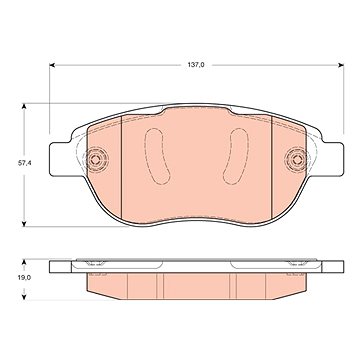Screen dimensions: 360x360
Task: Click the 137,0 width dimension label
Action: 197,65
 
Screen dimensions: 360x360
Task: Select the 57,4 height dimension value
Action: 24,163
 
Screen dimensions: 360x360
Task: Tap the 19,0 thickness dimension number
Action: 24,277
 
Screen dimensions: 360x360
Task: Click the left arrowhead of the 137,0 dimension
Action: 52,65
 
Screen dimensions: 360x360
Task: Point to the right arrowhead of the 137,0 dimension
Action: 341,65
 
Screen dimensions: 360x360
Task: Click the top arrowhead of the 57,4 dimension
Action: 24,106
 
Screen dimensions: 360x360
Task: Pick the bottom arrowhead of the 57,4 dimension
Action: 24,224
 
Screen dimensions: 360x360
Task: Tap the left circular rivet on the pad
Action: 96,159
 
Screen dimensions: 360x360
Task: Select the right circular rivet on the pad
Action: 296,159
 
